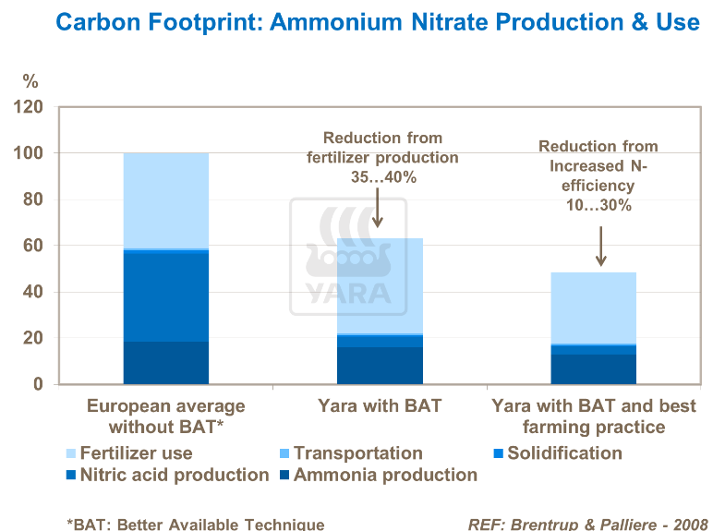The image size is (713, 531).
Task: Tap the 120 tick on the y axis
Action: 30,107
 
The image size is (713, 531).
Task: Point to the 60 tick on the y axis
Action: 34,246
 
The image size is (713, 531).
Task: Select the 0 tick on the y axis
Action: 39,384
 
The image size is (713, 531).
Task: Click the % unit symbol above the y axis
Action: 30,81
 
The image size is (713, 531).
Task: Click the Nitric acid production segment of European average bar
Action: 165,296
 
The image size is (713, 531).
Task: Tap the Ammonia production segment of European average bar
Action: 165,363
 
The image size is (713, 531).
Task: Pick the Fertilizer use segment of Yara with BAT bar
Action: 380,285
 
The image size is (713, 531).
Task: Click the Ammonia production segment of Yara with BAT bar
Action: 380,366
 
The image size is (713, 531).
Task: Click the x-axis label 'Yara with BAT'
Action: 381,405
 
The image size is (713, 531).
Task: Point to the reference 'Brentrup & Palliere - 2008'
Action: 587,524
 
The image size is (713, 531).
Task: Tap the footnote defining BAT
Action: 196,524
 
